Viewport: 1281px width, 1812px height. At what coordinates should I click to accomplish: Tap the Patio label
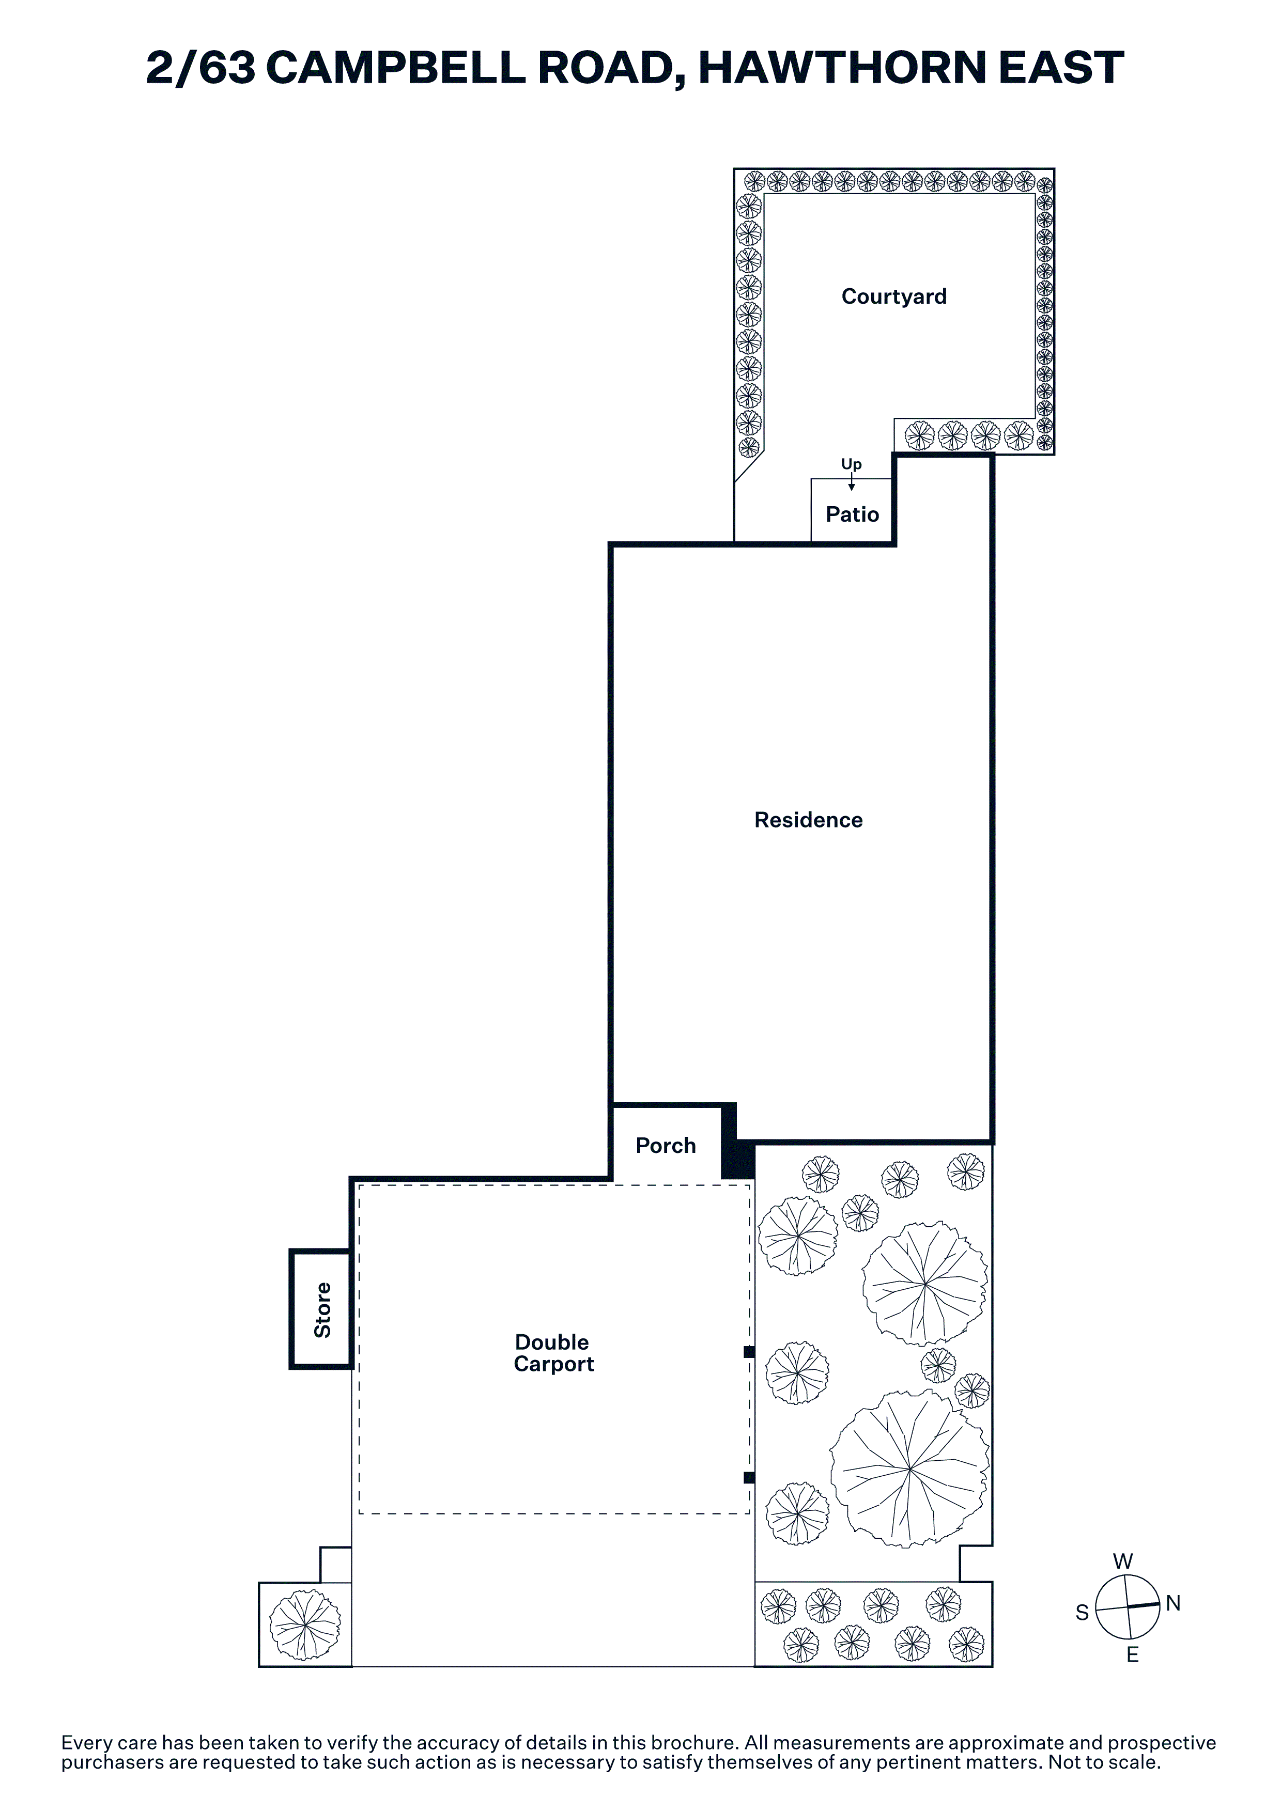coord(853,514)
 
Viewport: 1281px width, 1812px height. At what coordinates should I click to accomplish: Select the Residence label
coord(808,820)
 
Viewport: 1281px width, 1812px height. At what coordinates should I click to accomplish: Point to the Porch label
coord(666,1145)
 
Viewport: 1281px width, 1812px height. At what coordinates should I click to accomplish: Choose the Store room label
coord(322,1310)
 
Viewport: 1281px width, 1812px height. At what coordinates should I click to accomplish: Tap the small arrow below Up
coord(851,483)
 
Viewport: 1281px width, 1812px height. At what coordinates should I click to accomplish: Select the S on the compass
coord(1082,1613)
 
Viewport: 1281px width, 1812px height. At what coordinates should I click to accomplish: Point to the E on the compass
coord(1133,1655)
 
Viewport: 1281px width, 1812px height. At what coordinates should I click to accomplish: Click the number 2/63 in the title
coord(201,68)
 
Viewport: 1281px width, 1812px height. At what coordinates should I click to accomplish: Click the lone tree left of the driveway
coord(305,1625)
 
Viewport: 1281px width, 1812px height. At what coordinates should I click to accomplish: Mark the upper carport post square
coord(749,1352)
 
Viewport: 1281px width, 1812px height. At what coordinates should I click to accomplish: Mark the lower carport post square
coord(749,1477)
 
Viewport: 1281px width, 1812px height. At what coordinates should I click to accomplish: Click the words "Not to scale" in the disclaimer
coord(1104,1762)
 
